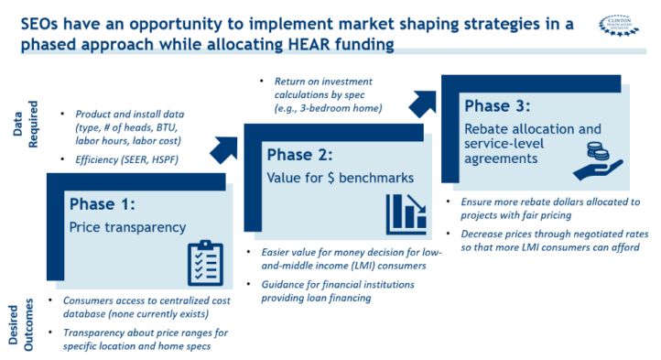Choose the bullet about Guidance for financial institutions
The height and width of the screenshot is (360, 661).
336,291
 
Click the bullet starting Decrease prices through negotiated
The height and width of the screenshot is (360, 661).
547,239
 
